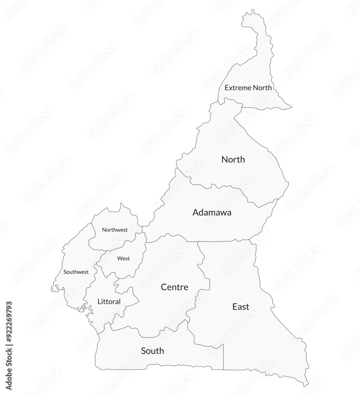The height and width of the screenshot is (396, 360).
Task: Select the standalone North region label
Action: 233,160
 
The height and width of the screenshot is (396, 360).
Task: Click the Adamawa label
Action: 212,212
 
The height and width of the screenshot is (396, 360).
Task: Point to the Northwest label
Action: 115,230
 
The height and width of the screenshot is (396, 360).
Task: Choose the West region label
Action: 123,259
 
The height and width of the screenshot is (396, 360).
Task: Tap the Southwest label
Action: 76,272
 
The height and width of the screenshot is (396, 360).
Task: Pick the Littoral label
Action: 109,302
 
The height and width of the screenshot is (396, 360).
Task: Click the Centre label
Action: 174,287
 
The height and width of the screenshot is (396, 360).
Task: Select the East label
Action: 241,307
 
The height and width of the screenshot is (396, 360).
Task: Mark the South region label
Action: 152,351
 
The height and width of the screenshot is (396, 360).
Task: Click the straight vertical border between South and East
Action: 224,356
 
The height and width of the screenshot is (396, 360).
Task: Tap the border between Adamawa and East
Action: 226,241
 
